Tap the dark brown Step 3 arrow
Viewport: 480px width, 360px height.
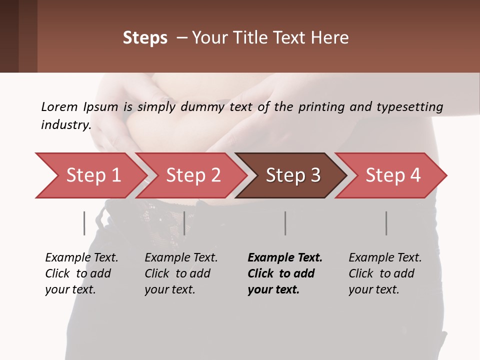(293, 175)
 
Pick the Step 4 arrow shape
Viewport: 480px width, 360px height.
(393, 175)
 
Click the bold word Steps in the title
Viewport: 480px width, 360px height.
(145, 38)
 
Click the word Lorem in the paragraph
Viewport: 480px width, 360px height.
(58, 106)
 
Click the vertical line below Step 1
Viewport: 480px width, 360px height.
(84, 223)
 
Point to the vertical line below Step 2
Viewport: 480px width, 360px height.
(184, 223)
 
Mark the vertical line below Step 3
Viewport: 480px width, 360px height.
(285, 223)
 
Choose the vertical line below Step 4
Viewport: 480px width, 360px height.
(386, 223)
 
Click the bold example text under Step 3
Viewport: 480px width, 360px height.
(285, 273)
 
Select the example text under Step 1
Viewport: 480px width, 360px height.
(81, 273)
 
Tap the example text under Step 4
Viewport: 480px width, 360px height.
(385, 273)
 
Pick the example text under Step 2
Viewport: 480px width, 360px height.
(181, 273)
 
